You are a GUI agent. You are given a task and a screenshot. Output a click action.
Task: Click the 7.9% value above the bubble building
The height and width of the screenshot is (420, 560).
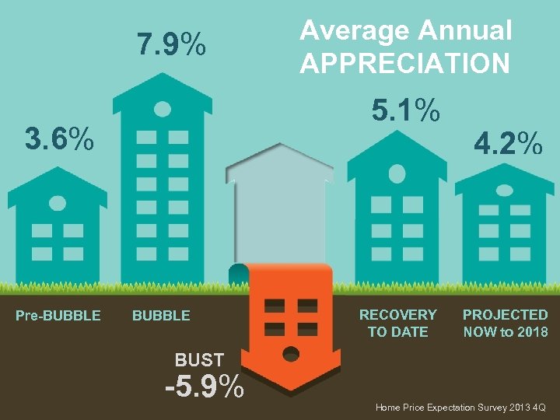[x=171, y=45]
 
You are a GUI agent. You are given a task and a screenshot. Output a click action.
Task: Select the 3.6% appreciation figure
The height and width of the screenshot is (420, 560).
[x=59, y=140]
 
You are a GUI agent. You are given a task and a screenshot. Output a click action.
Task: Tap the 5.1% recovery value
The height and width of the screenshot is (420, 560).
[x=405, y=110]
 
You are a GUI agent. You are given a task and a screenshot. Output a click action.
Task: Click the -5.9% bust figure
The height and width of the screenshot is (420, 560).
[x=205, y=387]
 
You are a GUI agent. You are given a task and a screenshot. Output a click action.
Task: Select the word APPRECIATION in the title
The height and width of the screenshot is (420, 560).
[x=405, y=62]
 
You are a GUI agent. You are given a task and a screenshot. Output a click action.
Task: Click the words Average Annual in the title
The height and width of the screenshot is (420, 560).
[x=405, y=30]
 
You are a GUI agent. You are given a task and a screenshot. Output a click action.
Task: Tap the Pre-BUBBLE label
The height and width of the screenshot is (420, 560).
[x=58, y=315]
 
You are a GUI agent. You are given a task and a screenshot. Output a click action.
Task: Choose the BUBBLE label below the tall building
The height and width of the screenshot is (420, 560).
[x=161, y=315]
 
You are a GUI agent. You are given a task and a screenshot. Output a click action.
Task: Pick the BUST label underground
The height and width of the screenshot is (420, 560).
[x=199, y=359]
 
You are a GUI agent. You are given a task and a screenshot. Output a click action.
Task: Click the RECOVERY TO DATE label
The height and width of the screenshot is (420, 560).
[x=397, y=323]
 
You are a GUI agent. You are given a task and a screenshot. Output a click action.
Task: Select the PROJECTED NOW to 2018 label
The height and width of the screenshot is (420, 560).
[x=505, y=323]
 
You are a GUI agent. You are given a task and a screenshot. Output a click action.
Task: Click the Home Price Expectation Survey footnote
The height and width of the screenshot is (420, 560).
[x=460, y=407]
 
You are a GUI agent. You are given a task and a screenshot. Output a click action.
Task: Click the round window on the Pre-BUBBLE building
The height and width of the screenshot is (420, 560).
[x=58, y=203]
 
